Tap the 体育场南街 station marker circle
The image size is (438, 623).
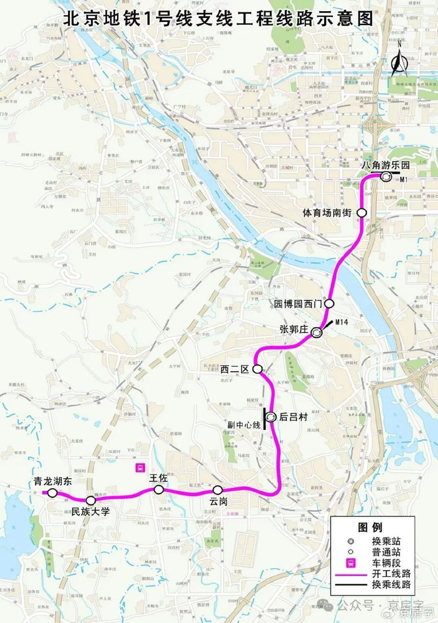[x=362, y=212]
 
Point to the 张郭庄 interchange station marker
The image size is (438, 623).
[x=317, y=333]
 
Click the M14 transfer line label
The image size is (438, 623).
[x=341, y=322]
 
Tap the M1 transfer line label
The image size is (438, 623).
[x=404, y=180]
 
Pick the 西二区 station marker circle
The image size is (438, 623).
[x=257, y=369]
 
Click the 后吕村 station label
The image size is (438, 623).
[x=293, y=416]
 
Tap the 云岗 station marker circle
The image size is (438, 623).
[x=217, y=489]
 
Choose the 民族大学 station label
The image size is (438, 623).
[x=91, y=512]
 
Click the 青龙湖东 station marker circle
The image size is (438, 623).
[x=53, y=493]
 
